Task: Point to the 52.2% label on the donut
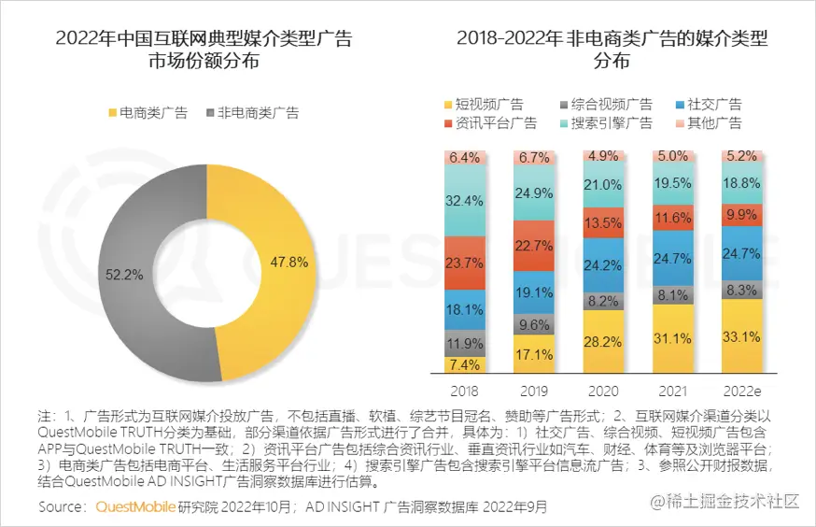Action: (x=124, y=276)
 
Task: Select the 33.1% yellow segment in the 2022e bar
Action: (x=742, y=336)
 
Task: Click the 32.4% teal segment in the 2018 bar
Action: (x=464, y=200)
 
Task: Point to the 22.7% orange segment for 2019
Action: (x=534, y=247)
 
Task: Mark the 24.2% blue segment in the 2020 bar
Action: (x=602, y=264)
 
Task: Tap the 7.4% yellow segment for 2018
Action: (x=464, y=364)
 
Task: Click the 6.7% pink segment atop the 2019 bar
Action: (x=534, y=157)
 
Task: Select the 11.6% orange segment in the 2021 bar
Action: (x=673, y=219)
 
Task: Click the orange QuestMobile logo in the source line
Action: (x=135, y=507)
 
